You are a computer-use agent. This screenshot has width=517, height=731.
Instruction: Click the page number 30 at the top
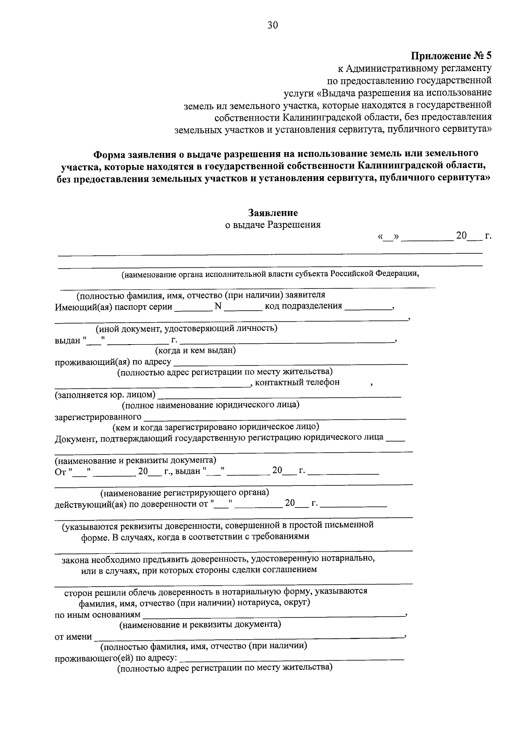point(273,25)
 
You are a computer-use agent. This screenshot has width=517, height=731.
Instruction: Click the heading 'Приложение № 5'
point(451,56)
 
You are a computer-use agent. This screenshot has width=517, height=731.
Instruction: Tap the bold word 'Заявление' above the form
point(273,213)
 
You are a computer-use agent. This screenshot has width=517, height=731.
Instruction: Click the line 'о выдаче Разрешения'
point(273,224)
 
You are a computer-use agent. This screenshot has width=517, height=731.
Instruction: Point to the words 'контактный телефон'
point(297,382)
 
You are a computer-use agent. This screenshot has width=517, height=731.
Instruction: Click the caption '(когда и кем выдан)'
point(195,350)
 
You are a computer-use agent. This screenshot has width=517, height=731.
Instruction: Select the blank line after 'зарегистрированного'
point(274,418)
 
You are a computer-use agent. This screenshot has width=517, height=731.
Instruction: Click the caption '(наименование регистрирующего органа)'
point(184,492)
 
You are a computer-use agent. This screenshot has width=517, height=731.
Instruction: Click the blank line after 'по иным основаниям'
point(274,616)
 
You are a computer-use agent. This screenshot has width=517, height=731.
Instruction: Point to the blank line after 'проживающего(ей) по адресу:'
point(291,659)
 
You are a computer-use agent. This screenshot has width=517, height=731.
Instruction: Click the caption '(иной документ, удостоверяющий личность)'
point(186,329)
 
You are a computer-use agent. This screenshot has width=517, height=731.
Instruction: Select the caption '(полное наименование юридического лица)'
point(210,405)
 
